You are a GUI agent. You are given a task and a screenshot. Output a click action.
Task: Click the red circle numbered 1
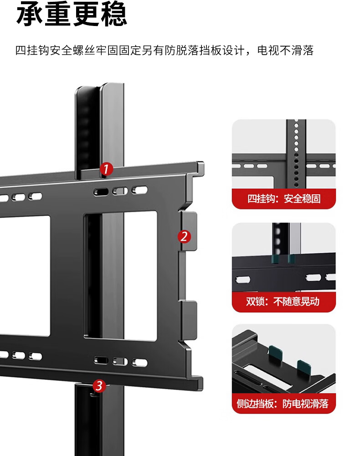click(106, 169)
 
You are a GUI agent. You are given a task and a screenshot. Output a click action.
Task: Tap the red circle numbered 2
click(184, 237)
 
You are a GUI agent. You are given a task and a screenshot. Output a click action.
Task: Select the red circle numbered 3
click(99, 386)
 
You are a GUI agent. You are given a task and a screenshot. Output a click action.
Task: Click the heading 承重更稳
click(72, 15)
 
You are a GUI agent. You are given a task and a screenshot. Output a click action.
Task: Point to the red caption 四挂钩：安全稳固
click(283, 199)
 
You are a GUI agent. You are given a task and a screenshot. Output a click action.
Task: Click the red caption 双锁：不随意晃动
click(283, 301)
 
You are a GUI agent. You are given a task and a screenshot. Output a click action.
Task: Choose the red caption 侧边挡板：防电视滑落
click(283, 404)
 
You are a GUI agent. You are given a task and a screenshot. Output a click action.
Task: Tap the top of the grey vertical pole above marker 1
click(112, 88)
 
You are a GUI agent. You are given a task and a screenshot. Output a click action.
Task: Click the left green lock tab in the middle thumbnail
click(275, 259)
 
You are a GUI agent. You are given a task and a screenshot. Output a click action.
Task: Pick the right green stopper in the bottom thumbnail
click(303, 366)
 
